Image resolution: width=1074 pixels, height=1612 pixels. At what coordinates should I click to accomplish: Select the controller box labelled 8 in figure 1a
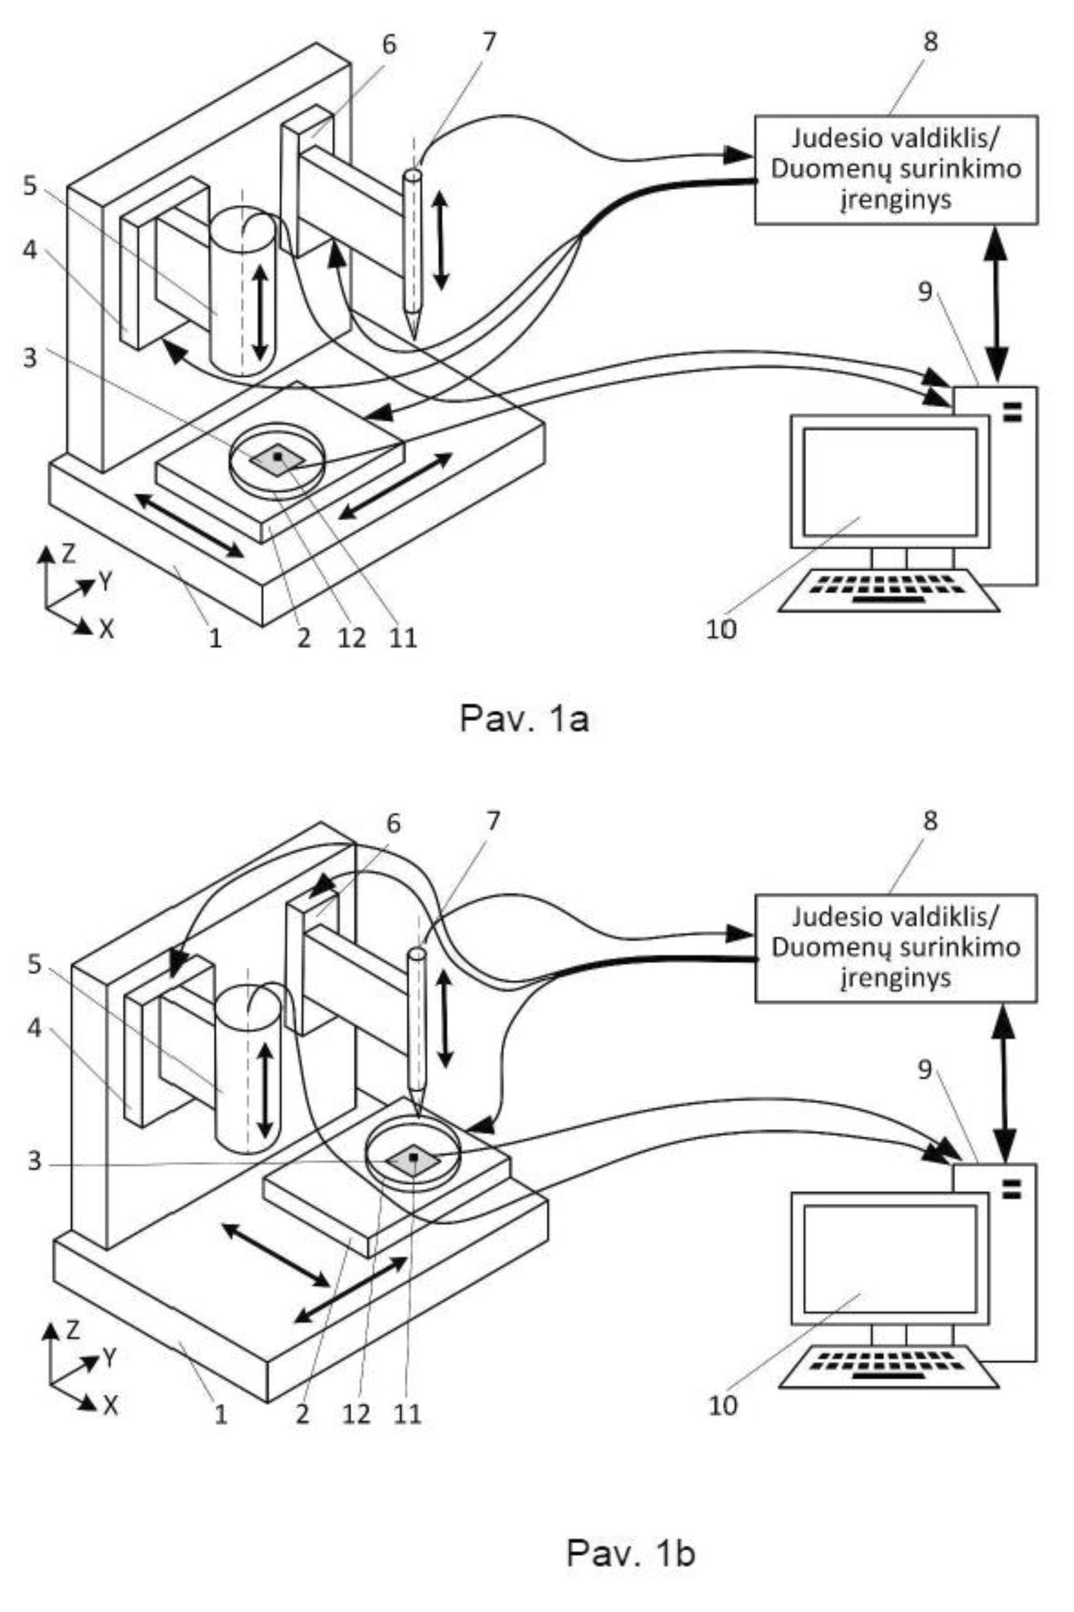pyautogui.click(x=896, y=170)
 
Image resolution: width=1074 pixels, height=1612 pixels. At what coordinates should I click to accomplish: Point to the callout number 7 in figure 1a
pyautogui.click(x=488, y=42)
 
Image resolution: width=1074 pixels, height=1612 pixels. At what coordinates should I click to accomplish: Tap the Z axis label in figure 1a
pyautogui.click(x=68, y=553)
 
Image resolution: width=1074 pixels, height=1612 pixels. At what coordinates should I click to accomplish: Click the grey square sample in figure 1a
pyautogui.click(x=277, y=458)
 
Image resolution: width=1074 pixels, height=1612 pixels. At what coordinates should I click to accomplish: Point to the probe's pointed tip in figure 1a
pyautogui.click(x=413, y=338)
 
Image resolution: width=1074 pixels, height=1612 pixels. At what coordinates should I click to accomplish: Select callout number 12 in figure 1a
pyautogui.click(x=350, y=638)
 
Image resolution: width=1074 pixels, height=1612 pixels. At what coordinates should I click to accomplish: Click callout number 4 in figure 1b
pyautogui.click(x=34, y=1029)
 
